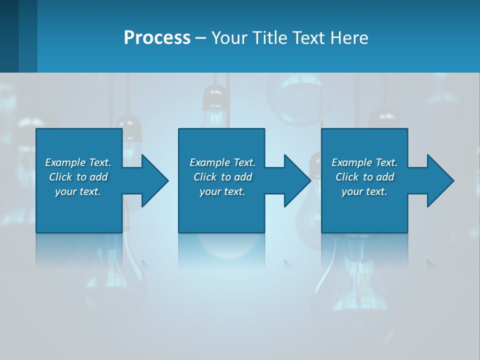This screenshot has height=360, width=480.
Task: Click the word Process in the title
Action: click(x=157, y=37)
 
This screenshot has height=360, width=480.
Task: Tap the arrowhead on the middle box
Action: click(x=297, y=180)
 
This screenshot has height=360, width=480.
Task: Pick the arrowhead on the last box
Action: click(x=440, y=180)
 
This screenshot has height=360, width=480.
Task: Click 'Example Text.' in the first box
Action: click(x=78, y=162)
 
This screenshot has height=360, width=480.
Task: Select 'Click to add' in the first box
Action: click(x=78, y=177)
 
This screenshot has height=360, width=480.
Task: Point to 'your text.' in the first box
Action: click(x=78, y=191)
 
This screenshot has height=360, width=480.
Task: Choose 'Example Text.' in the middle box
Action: click(x=222, y=162)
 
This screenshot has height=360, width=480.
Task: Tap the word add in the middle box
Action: click(x=243, y=177)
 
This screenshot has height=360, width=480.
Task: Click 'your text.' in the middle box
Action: click(x=222, y=191)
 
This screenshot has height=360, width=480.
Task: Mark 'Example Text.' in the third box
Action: click(x=364, y=162)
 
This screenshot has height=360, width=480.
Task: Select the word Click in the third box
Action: click(x=347, y=177)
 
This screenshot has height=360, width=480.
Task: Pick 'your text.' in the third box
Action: click(x=364, y=191)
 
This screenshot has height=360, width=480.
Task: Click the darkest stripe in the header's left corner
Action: click(x=9, y=36)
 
